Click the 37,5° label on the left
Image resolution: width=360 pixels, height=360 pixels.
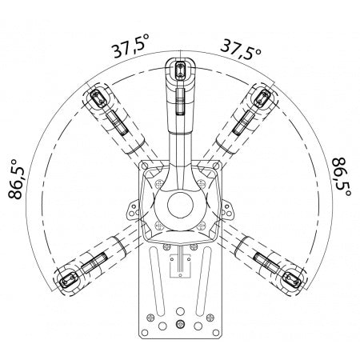(x=130, y=46)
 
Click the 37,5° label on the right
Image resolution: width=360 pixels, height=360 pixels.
(x=241, y=49)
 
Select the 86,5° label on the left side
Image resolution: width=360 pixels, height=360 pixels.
(x=15, y=179)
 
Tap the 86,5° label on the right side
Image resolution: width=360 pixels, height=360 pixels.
(x=342, y=177)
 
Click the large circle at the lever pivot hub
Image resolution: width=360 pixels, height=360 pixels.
(x=180, y=205)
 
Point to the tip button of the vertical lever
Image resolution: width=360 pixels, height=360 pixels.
(x=180, y=70)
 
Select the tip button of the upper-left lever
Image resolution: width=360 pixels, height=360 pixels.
(x=98, y=99)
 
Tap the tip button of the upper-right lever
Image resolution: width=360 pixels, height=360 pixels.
(x=262, y=98)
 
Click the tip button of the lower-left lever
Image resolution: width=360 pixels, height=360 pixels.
(x=68, y=279)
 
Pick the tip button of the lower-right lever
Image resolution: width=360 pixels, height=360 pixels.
(x=293, y=279)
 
